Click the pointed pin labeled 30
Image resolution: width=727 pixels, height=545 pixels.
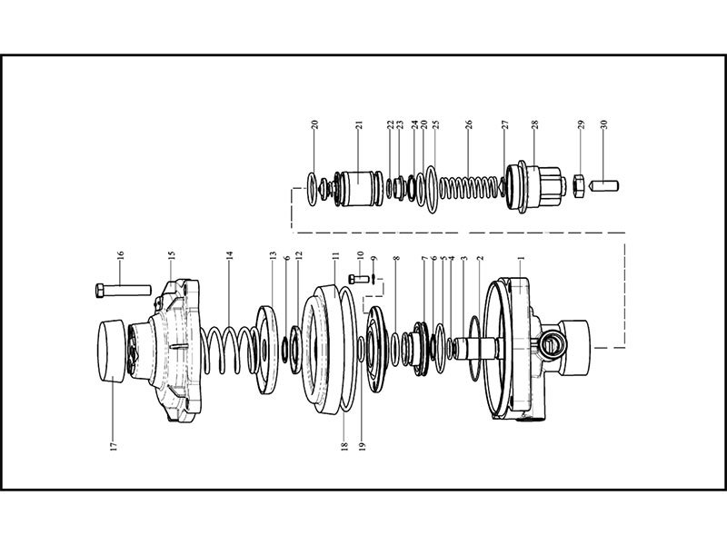click(604, 187)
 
